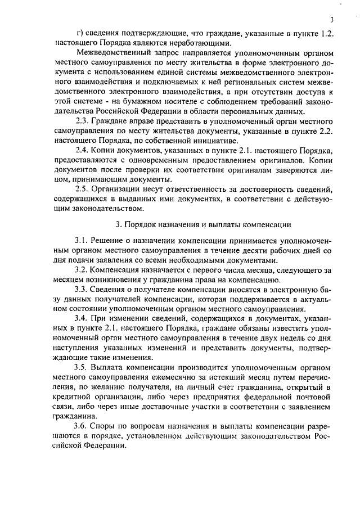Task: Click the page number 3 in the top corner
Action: coord(333,17)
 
